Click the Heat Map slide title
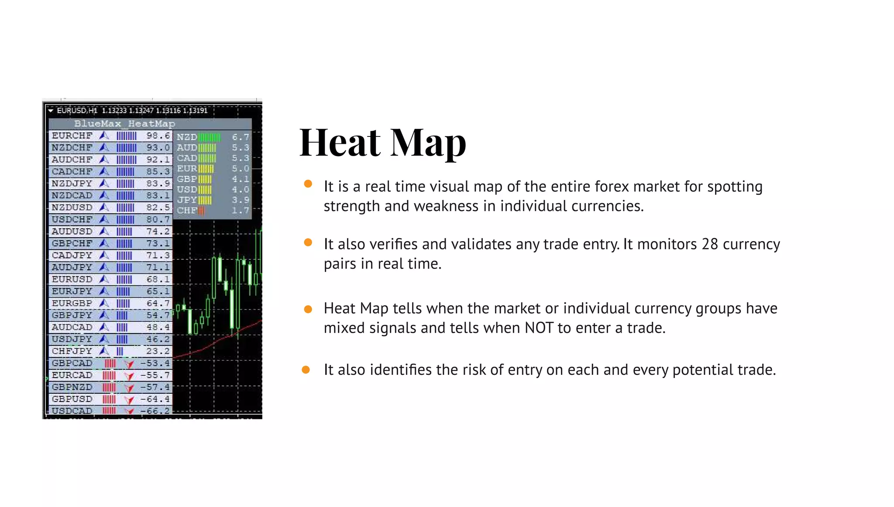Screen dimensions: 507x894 click(383, 143)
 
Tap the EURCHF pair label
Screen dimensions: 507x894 click(72, 136)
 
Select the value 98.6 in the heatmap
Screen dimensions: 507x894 click(158, 136)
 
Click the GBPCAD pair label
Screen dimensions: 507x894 click(72, 363)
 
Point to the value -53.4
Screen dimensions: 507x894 click(155, 363)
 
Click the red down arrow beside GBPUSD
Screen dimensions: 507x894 click(129, 399)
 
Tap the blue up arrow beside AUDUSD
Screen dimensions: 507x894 click(104, 231)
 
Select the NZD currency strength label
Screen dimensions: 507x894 click(187, 137)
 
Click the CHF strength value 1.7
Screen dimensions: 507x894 click(240, 211)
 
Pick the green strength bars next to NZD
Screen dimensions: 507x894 click(210, 137)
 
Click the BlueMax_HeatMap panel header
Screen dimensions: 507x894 click(124, 124)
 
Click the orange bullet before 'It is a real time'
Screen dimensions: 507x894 click(308, 184)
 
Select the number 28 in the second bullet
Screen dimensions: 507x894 click(710, 244)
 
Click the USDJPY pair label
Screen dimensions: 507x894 click(72, 339)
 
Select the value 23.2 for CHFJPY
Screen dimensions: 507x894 click(158, 351)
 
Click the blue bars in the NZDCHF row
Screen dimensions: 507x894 click(127, 148)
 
